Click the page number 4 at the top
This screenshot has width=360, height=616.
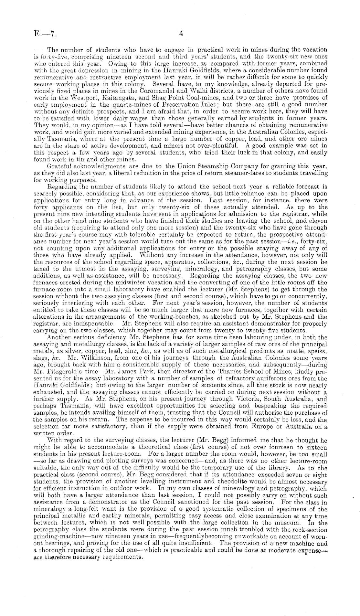(x=181, y=33)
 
